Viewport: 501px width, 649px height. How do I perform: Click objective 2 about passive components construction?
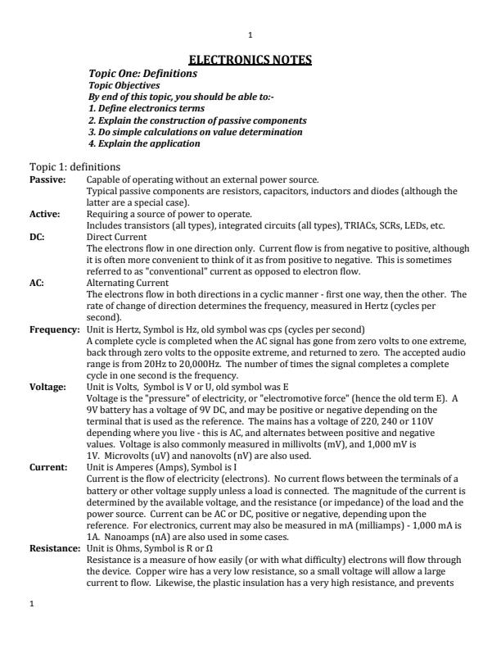tap(196, 120)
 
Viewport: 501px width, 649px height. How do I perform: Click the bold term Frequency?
tap(54, 328)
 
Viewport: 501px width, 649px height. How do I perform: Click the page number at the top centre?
tap(250, 34)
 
